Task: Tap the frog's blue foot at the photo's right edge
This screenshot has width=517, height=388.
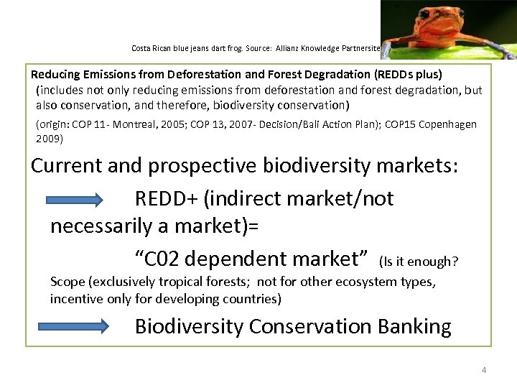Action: (507, 51)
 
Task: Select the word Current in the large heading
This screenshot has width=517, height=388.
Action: (66, 165)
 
